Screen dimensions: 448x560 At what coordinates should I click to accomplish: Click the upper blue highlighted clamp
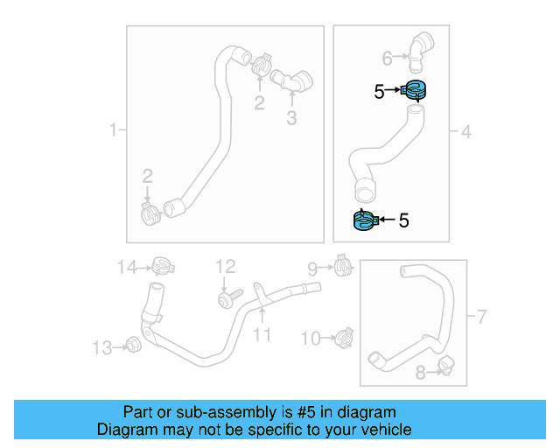[x=416, y=89]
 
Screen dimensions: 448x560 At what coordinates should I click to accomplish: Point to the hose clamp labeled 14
[x=160, y=265]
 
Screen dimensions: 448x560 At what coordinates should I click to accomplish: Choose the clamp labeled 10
[x=345, y=335]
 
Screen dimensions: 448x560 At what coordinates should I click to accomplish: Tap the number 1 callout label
[x=112, y=131]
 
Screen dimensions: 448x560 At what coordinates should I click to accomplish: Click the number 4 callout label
[x=465, y=132]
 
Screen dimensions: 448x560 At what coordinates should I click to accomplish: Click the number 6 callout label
[x=387, y=59]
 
